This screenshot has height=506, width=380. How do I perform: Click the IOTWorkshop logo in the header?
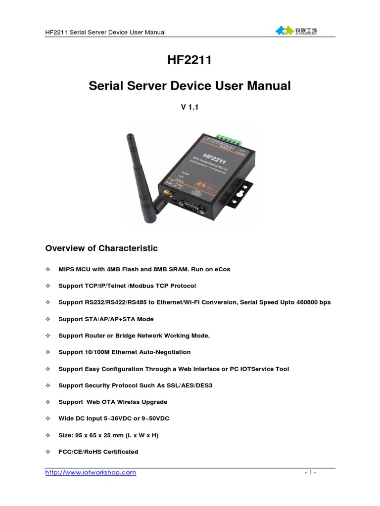(296, 31)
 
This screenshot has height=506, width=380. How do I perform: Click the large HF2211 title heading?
(190, 61)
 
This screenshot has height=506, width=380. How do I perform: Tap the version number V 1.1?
(190, 106)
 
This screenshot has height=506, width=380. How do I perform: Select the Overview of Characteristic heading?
(101, 248)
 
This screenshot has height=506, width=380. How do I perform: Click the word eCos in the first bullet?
(221, 269)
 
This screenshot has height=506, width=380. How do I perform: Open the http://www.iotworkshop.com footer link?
(91, 472)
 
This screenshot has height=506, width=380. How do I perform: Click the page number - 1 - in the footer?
(310, 473)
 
